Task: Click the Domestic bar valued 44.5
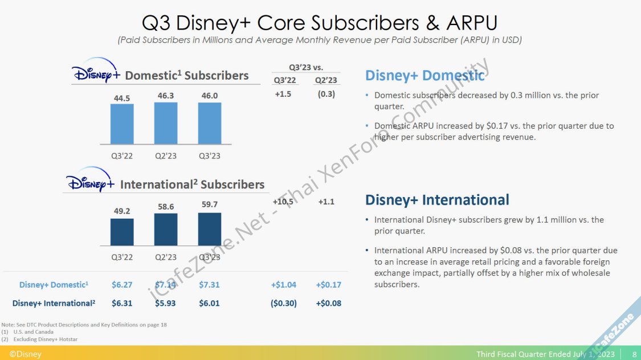tap(122, 124)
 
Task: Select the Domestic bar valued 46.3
tap(166, 123)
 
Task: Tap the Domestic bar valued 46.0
tap(210, 123)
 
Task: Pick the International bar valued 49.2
tap(122, 232)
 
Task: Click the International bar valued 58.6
tap(166, 230)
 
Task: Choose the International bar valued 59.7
tap(210, 229)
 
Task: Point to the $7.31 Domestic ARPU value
tap(209, 285)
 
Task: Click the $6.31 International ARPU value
tap(122, 303)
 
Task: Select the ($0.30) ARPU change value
tap(283, 303)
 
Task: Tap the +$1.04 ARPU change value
tap(283, 285)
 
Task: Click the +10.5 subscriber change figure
tap(283, 202)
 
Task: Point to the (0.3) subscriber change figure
tap(326, 94)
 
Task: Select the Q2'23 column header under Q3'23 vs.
tap(326, 80)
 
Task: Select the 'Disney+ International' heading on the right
tap(437, 200)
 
